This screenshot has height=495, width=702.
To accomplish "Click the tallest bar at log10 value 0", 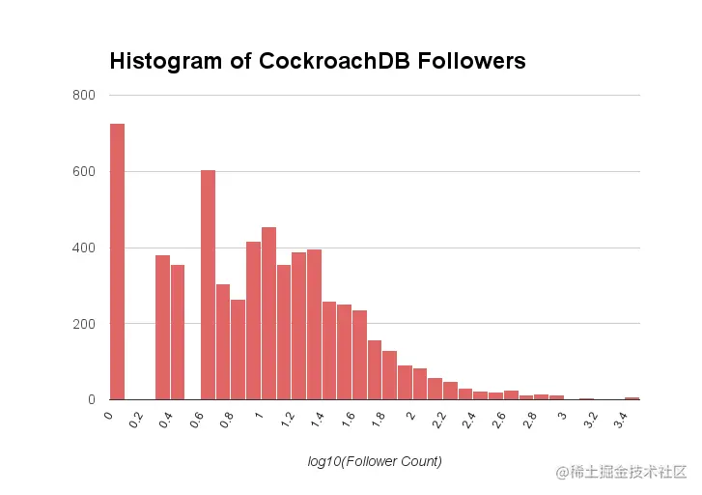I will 117,261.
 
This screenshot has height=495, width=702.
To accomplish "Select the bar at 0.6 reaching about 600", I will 208,285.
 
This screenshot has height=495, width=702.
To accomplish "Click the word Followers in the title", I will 472,61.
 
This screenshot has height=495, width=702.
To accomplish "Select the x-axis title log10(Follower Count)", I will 375,462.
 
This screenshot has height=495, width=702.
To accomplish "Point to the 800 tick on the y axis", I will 84,96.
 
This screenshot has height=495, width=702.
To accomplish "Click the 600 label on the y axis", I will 84,172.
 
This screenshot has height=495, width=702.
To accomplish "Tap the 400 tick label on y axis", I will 84,248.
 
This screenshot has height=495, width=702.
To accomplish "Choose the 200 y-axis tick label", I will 84,324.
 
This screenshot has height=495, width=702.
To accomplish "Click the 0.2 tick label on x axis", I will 136,422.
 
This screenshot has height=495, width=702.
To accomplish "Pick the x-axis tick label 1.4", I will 317,422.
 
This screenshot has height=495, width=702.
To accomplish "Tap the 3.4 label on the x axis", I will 618,422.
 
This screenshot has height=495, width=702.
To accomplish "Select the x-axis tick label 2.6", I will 497,422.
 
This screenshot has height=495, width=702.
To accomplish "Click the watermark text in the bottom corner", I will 620,471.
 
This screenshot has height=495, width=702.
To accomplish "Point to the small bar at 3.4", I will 632,397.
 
